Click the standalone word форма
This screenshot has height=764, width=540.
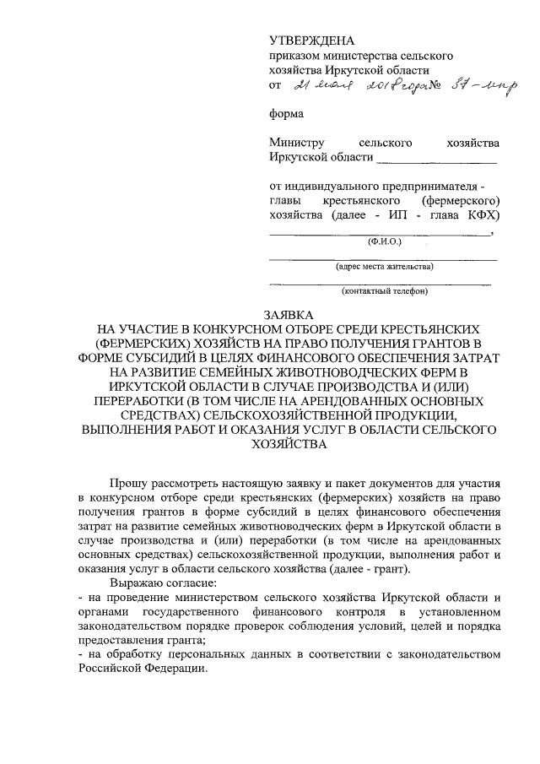[x=287, y=113]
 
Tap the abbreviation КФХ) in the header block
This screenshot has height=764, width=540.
[x=482, y=216]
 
